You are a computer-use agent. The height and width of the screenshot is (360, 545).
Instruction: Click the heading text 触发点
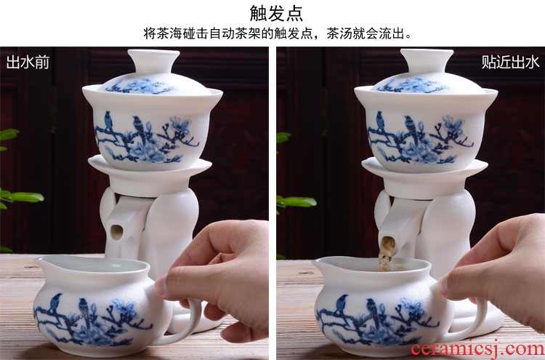[276, 14]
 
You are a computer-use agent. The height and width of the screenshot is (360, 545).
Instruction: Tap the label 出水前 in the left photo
[28, 63]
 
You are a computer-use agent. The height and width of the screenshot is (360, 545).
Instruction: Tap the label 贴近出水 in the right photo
[510, 63]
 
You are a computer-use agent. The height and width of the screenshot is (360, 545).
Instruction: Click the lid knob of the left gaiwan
[153, 60]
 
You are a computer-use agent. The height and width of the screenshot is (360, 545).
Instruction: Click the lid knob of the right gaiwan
[427, 60]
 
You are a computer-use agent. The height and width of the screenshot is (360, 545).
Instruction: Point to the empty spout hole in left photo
[116, 232]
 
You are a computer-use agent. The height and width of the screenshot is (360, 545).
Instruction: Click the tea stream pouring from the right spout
[387, 254]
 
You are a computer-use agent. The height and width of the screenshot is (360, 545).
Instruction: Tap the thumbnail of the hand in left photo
[161, 287]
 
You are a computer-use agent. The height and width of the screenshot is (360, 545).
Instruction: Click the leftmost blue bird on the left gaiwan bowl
[108, 121]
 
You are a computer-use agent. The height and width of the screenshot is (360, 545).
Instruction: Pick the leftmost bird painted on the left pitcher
[55, 302]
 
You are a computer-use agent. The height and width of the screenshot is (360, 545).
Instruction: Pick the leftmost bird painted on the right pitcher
[341, 304]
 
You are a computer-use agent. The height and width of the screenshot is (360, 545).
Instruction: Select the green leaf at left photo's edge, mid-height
[21, 198]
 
